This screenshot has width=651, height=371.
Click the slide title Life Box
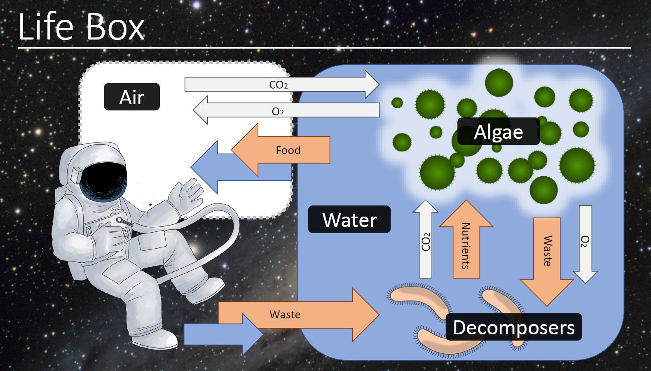tap(81, 27)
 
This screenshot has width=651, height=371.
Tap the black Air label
tap(132, 97)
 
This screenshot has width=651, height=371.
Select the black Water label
tap(349, 219)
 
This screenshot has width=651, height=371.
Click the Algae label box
tap(499, 132)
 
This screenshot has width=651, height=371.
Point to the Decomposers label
tap(514, 327)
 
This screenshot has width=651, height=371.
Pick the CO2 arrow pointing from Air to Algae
tap(280, 84)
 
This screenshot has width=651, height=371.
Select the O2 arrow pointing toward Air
tap(284, 110)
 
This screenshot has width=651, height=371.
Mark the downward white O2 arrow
tap(585, 243)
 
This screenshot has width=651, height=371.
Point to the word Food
tap(288, 150)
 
